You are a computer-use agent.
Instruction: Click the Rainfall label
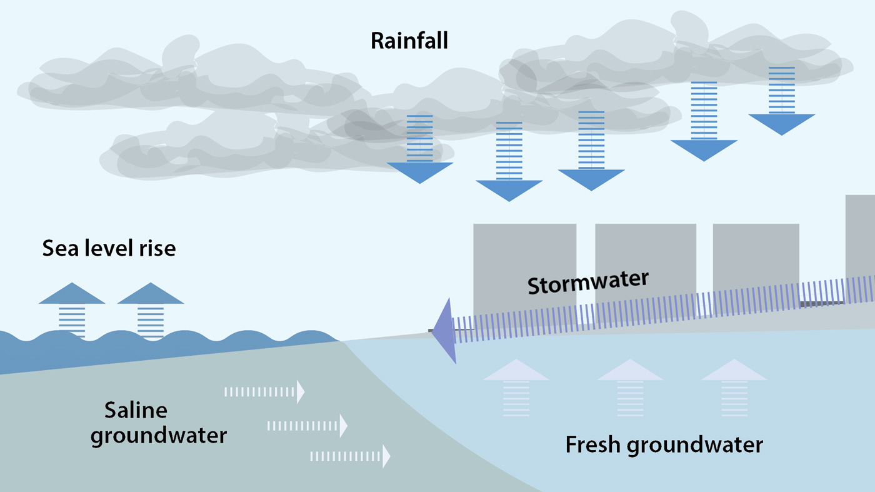(409, 41)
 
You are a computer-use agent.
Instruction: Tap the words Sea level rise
(109, 249)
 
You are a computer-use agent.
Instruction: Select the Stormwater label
(588, 282)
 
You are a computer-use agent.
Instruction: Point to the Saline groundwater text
(158, 423)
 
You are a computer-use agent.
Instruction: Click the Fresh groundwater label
(664, 445)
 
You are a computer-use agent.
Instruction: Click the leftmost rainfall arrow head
(419, 172)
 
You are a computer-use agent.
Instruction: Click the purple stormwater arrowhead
(445, 331)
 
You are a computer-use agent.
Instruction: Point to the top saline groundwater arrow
(264, 392)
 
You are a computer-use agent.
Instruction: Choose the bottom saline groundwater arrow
(350, 456)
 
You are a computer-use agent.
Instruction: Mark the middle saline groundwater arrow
(307, 426)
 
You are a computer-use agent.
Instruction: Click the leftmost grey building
(524, 263)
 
